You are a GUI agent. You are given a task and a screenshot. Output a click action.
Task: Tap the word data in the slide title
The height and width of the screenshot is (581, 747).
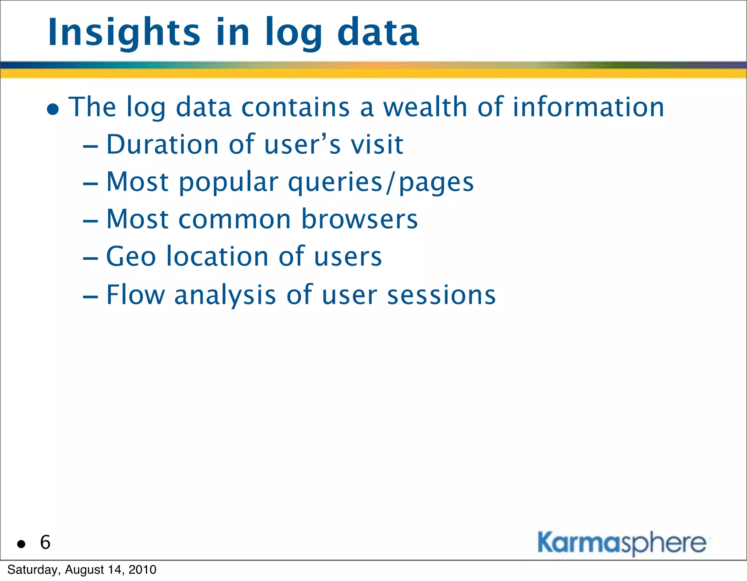pyautogui.click(x=378, y=33)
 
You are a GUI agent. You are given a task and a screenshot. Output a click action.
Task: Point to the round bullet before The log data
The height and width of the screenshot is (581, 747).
pyautogui.click(x=53, y=109)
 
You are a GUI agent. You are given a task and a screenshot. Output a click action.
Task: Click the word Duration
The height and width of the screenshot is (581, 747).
pyautogui.click(x=162, y=144)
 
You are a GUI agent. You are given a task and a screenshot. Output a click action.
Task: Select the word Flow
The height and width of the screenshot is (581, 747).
pyautogui.click(x=135, y=295)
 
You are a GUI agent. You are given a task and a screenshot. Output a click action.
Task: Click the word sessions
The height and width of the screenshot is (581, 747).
pyautogui.click(x=441, y=295)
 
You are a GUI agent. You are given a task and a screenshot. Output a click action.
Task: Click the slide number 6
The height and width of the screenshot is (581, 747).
pyautogui.click(x=45, y=542)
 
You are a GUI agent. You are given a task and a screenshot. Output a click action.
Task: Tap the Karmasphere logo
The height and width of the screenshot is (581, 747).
pyautogui.click(x=622, y=543)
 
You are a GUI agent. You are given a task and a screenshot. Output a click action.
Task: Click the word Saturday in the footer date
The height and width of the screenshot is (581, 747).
pyautogui.click(x=32, y=570)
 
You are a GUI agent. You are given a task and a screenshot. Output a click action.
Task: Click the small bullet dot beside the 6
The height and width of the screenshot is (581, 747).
pyautogui.click(x=21, y=544)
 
